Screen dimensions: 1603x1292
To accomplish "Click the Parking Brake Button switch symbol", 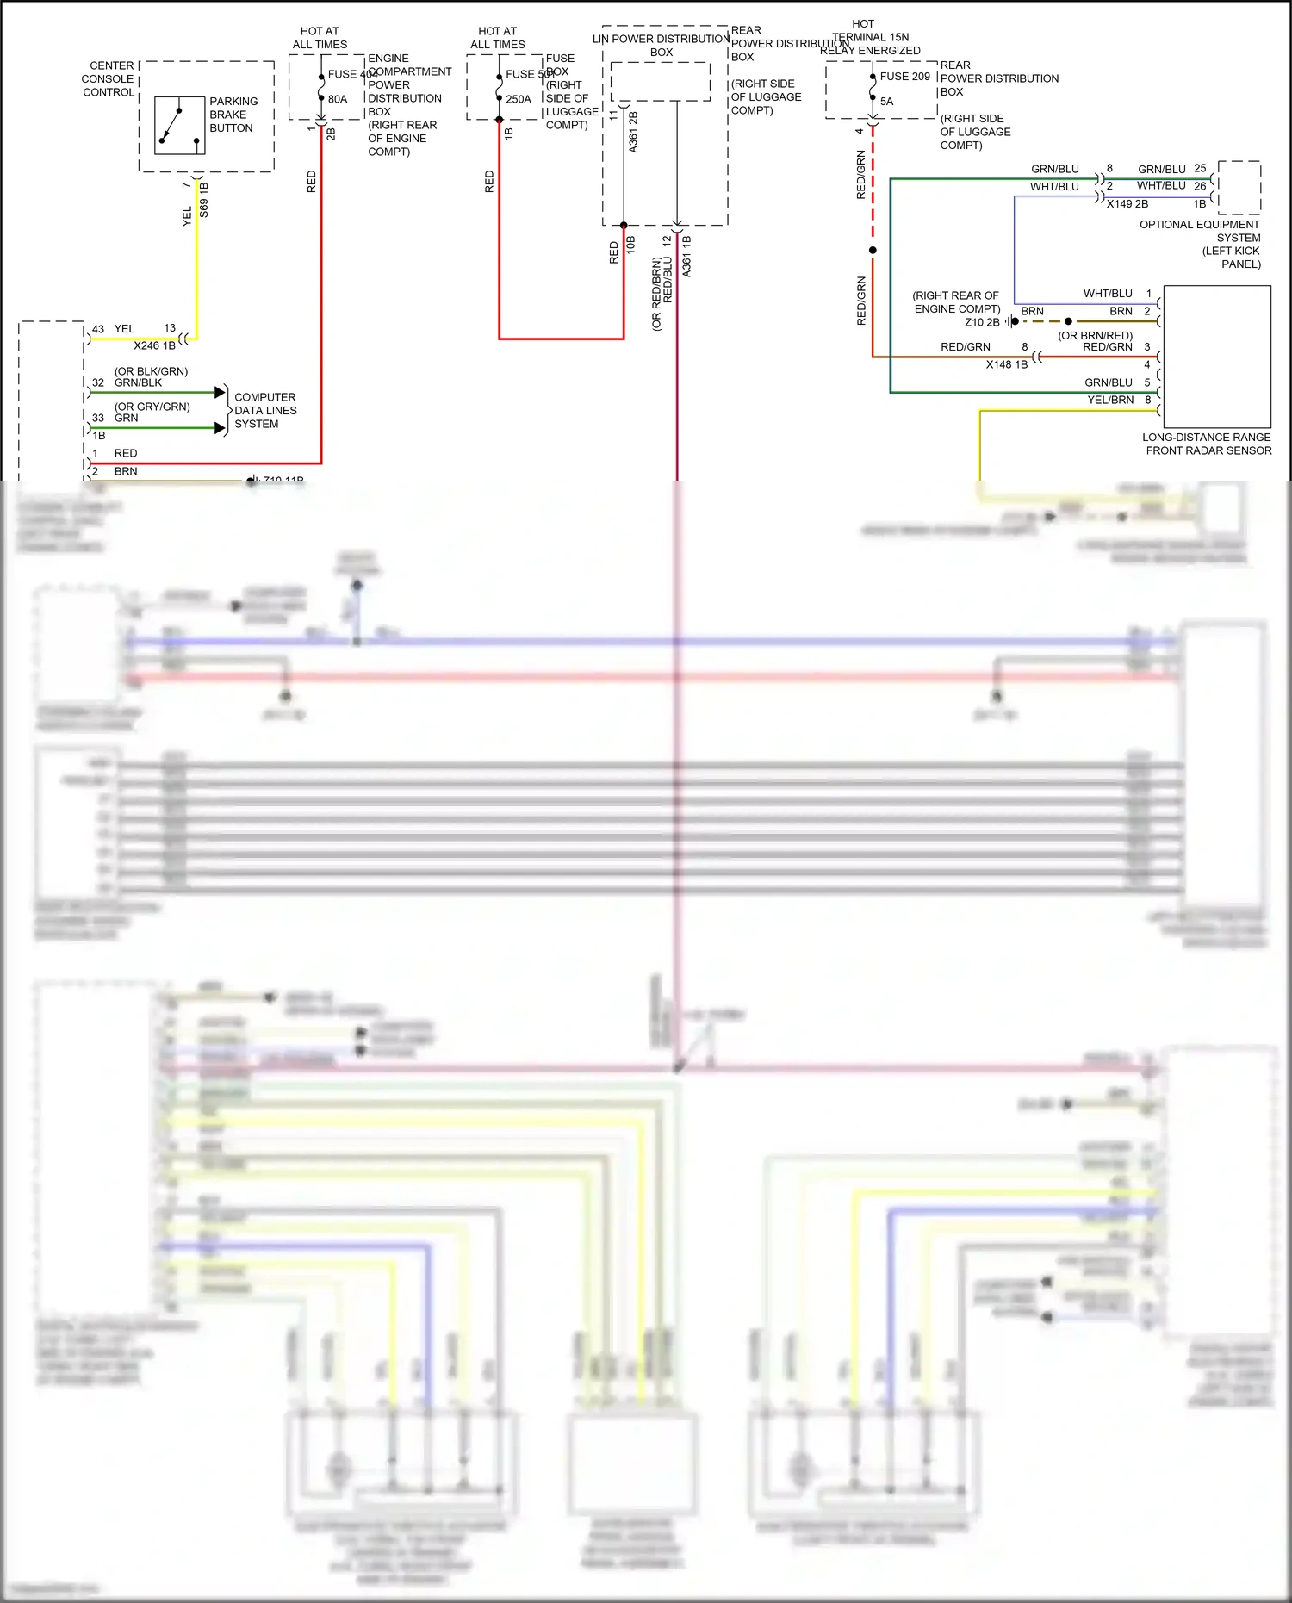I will (x=179, y=125).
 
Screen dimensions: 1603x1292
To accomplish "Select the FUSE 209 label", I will (x=904, y=77).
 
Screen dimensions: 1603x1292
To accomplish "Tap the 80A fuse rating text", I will (x=338, y=99).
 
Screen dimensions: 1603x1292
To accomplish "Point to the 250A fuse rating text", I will (x=518, y=99).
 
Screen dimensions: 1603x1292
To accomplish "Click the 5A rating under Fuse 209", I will (x=886, y=102).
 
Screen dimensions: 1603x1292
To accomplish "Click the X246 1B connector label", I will (x=154, y=345).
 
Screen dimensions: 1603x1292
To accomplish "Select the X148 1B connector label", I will (x=1006, y=364).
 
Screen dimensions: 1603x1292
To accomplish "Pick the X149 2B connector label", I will (x=1127, y=204).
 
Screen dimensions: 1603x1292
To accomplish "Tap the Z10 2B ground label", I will (x=982, y=322).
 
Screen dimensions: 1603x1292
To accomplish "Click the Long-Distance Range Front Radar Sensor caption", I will (x=1207, y=444).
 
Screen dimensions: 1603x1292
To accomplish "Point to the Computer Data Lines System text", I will (x=265, y=411).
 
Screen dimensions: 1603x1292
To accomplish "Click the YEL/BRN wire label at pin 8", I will (x=1110, y=400).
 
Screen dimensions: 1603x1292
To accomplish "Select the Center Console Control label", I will (x=109, y=78).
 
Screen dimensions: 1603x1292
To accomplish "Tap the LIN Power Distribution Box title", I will (x=661, y=45).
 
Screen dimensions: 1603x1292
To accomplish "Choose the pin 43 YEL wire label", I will (x=124, y=329).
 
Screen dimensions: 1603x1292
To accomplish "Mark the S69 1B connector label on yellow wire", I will (x=204, y=200).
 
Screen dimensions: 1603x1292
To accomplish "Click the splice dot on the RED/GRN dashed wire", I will (x=873, y=250).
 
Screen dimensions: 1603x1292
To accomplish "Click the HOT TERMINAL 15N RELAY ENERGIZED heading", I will (x=869, y=37).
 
